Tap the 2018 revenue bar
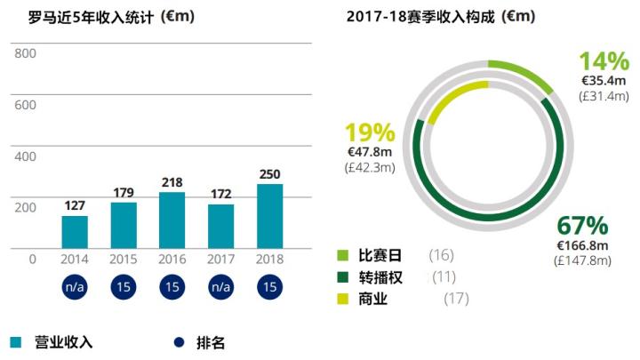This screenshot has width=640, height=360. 269,215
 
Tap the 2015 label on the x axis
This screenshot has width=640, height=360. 124,260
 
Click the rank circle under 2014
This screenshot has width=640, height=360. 75,288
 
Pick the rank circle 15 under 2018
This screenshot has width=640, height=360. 269,288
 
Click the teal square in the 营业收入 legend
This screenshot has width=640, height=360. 16,342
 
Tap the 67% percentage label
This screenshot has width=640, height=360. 582,226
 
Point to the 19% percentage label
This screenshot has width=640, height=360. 369,133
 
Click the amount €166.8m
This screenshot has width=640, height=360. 582,245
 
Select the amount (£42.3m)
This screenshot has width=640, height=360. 369,166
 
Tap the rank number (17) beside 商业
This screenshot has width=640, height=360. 455,299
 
